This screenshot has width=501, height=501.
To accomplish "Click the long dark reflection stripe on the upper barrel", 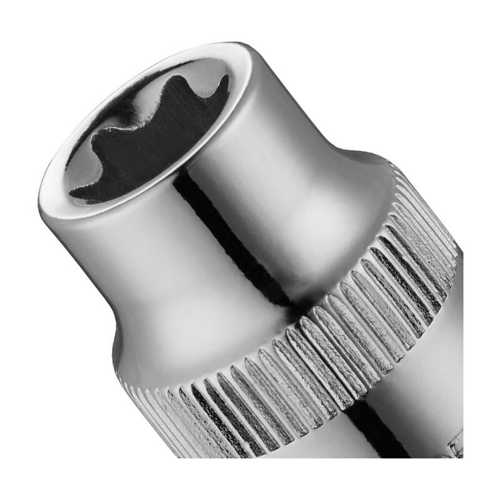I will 225,238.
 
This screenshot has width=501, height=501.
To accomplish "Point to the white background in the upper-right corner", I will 451,50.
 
